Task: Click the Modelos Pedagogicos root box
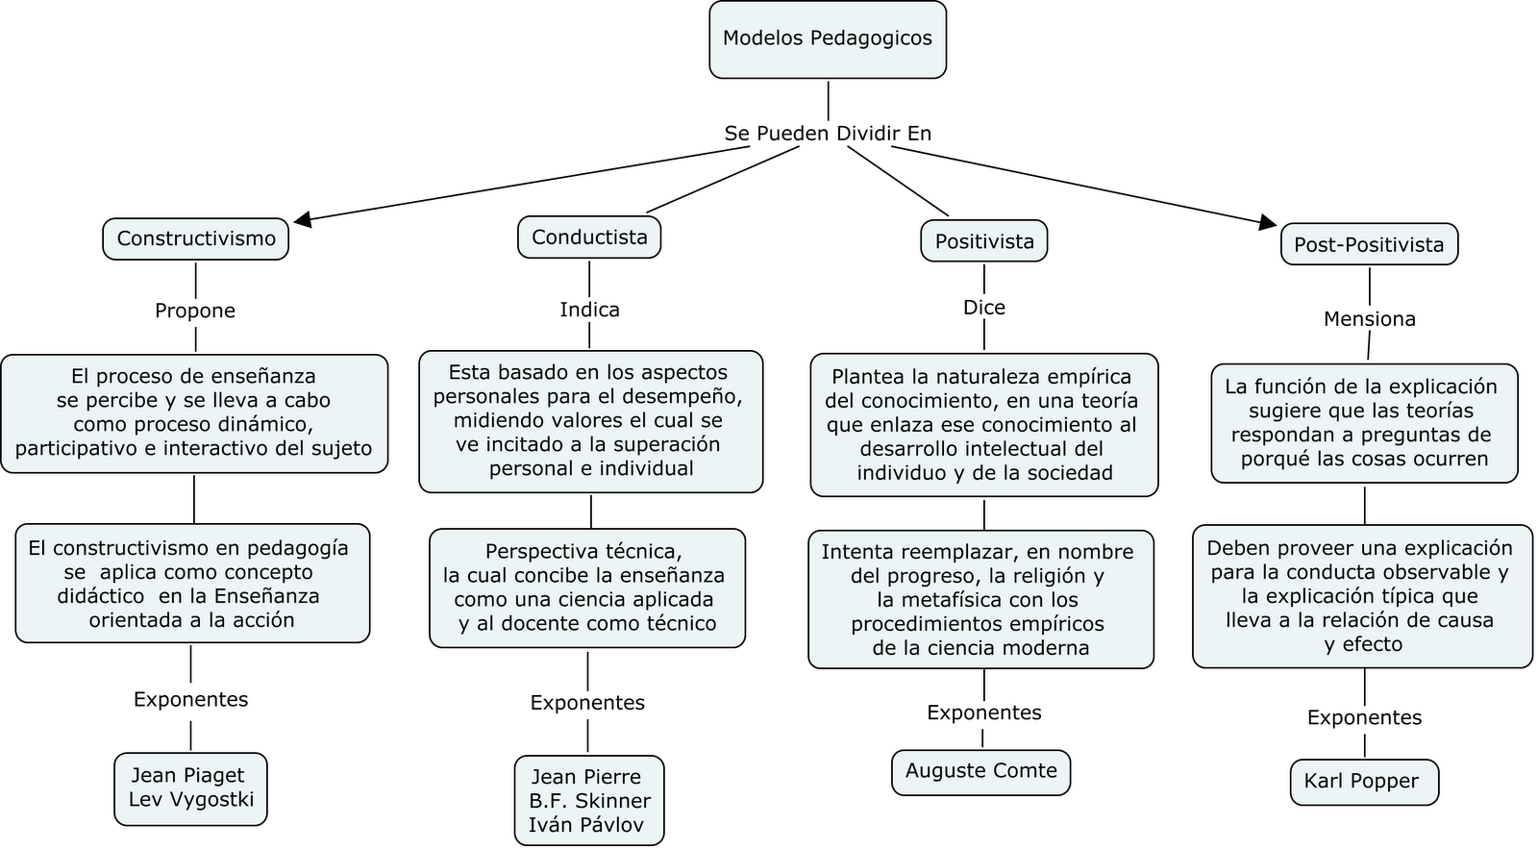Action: click(828, 39)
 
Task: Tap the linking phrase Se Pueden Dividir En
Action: click(828, 134)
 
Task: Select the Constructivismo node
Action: click(196, 238)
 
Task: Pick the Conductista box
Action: click(589, 237)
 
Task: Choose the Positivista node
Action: click(984, 241)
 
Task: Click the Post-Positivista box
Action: click(1369, 245)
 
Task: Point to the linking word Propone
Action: click(195, 311)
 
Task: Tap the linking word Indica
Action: click(589, 310)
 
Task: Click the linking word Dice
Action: click(984, 308)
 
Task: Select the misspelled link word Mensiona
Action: click(1369, 319)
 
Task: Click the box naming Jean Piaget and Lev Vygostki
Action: click(190, 787)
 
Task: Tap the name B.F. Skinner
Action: click(589, 801)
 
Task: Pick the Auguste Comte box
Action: click(980, 771)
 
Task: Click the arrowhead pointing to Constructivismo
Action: click(302, 221)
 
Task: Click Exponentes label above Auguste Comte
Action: click(983, 712)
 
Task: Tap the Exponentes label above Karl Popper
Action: click(1364, 717)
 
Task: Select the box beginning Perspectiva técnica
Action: click(587, 587)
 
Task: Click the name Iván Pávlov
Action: click(585, 825)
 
